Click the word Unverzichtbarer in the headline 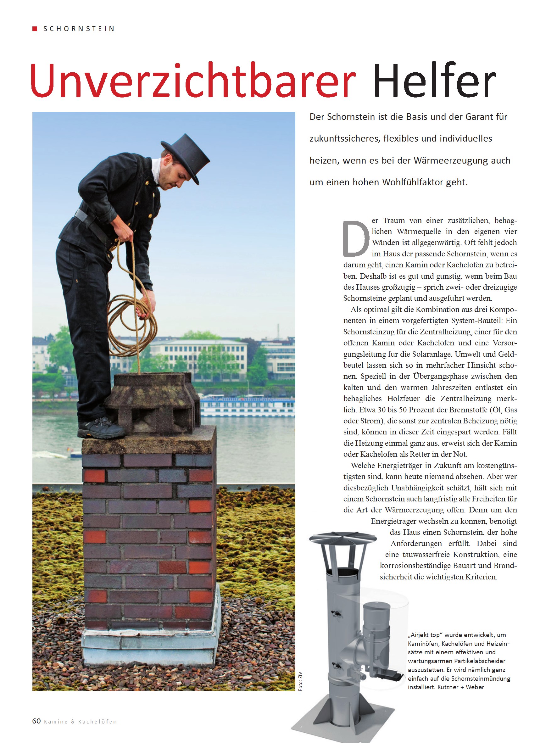(x=193, y=81)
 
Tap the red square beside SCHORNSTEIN (x=35, y=29)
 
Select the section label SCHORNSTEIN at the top (x=79, y=29)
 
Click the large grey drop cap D (x=355, y=239)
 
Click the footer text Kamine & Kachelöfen (x=80, y=722)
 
